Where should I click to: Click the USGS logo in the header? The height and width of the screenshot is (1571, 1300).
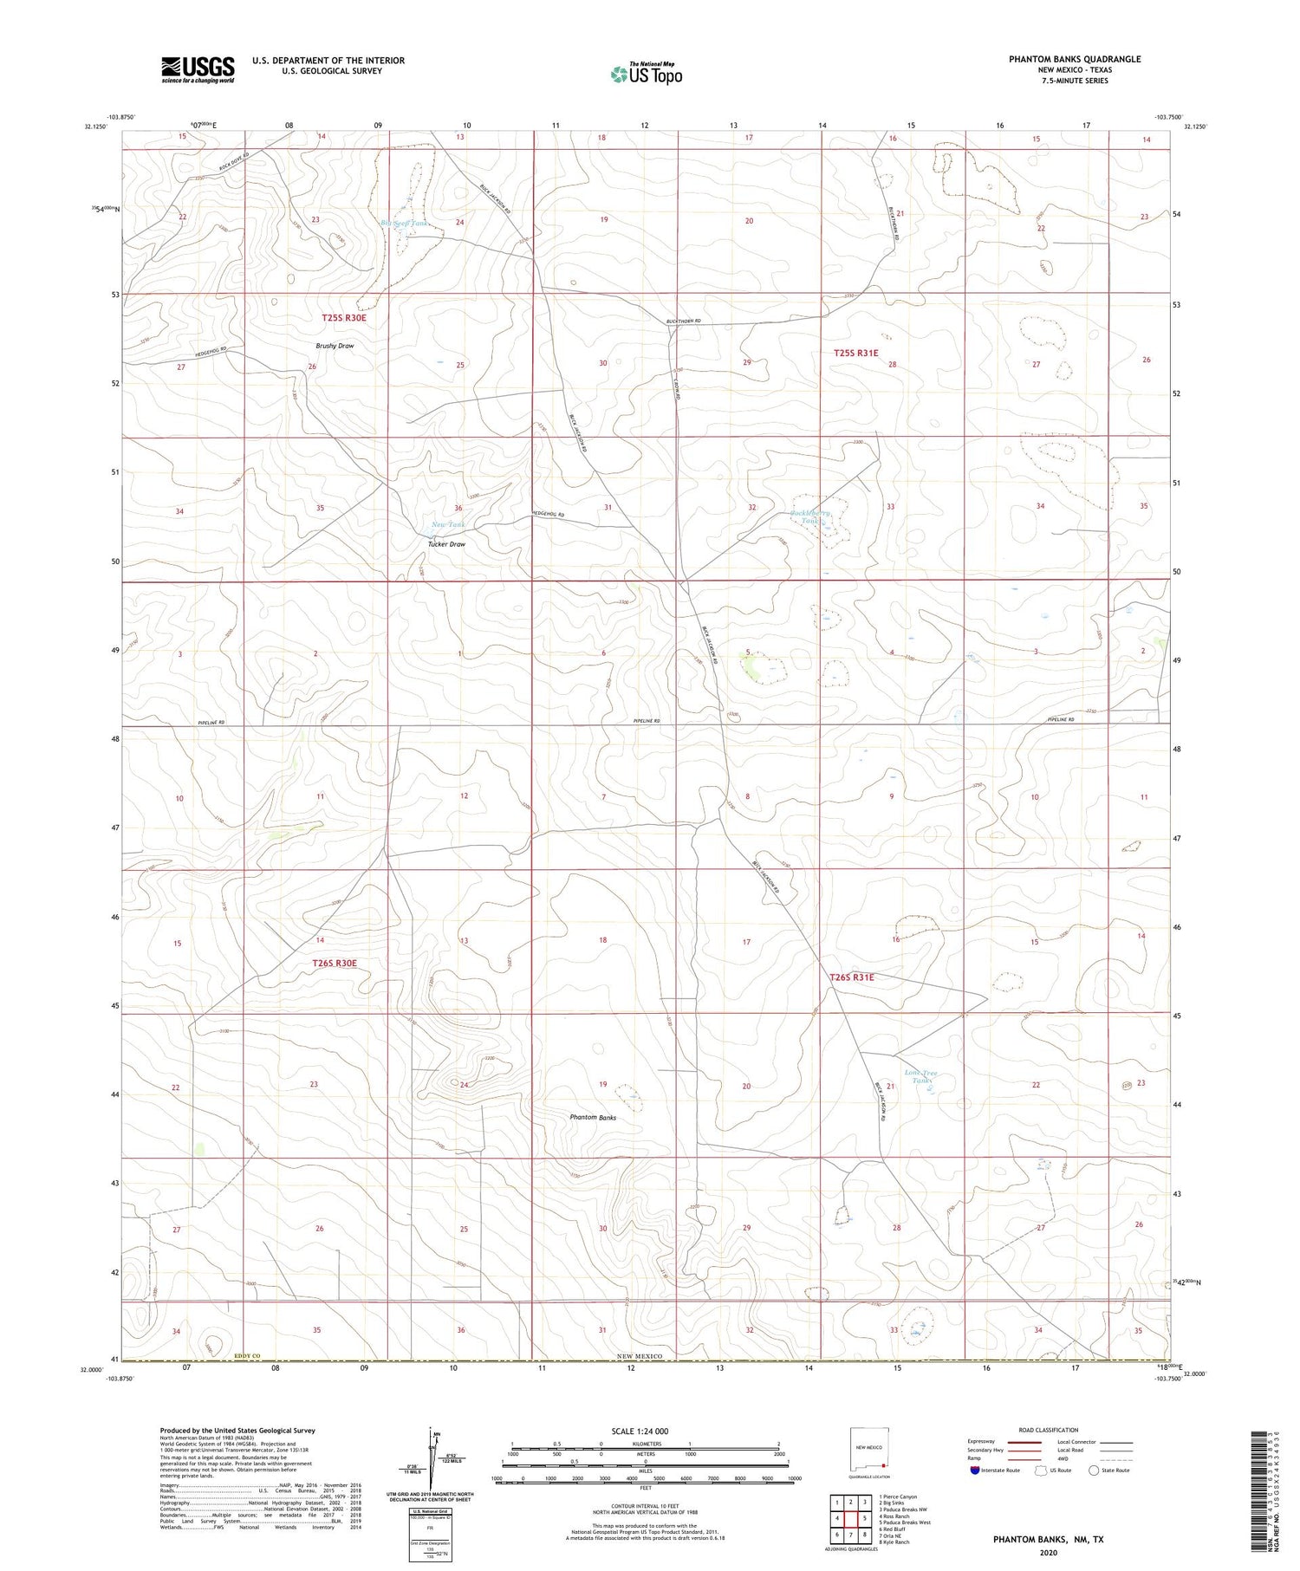(197, 69)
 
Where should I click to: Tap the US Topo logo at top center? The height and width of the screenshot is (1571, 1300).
(646, 74)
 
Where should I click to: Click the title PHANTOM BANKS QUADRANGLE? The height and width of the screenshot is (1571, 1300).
(1074, 59)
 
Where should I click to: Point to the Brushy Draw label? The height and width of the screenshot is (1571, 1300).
(334, 346)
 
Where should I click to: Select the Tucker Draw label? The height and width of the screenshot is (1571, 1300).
(447, 544)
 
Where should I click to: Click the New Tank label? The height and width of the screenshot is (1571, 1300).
(448, 525)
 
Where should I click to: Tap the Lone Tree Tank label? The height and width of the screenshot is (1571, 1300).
(920, 1077)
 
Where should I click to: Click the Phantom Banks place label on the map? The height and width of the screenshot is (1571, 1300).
(593, 1118)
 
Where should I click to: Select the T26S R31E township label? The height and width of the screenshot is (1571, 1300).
(852, 977)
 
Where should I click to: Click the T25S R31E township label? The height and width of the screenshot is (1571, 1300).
(855, 353)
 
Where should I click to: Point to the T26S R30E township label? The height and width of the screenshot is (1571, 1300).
(335, 963)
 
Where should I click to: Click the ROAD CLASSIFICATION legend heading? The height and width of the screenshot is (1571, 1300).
(1048, 1430)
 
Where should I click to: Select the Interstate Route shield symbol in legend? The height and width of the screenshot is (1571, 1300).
(975, 1470)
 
